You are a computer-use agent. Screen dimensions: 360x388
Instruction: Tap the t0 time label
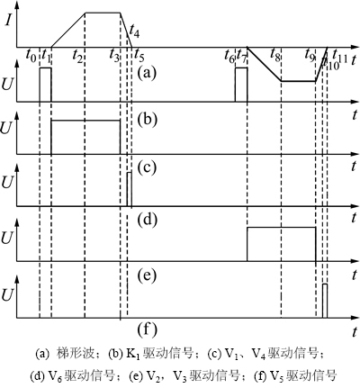31,55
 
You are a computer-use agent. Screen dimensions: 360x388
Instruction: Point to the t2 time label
77,56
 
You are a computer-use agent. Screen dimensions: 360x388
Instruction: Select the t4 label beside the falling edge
134,31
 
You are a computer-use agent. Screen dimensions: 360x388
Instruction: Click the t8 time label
275,54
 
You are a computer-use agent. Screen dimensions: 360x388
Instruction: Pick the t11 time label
340,56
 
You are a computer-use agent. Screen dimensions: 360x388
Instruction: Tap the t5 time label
139,55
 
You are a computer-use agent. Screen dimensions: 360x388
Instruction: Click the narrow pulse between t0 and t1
45,85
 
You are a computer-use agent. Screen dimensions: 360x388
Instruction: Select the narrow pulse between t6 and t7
241,85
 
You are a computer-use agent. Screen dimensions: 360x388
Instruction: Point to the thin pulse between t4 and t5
130,189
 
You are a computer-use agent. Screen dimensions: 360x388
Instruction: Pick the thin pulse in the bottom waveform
325,301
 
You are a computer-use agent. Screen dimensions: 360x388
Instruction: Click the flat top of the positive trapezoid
103,13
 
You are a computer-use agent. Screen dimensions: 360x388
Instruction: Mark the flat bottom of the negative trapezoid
298,81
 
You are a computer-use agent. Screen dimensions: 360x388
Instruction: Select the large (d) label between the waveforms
147,220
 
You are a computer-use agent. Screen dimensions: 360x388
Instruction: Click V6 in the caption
55,375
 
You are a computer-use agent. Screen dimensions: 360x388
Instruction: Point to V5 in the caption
277,375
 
